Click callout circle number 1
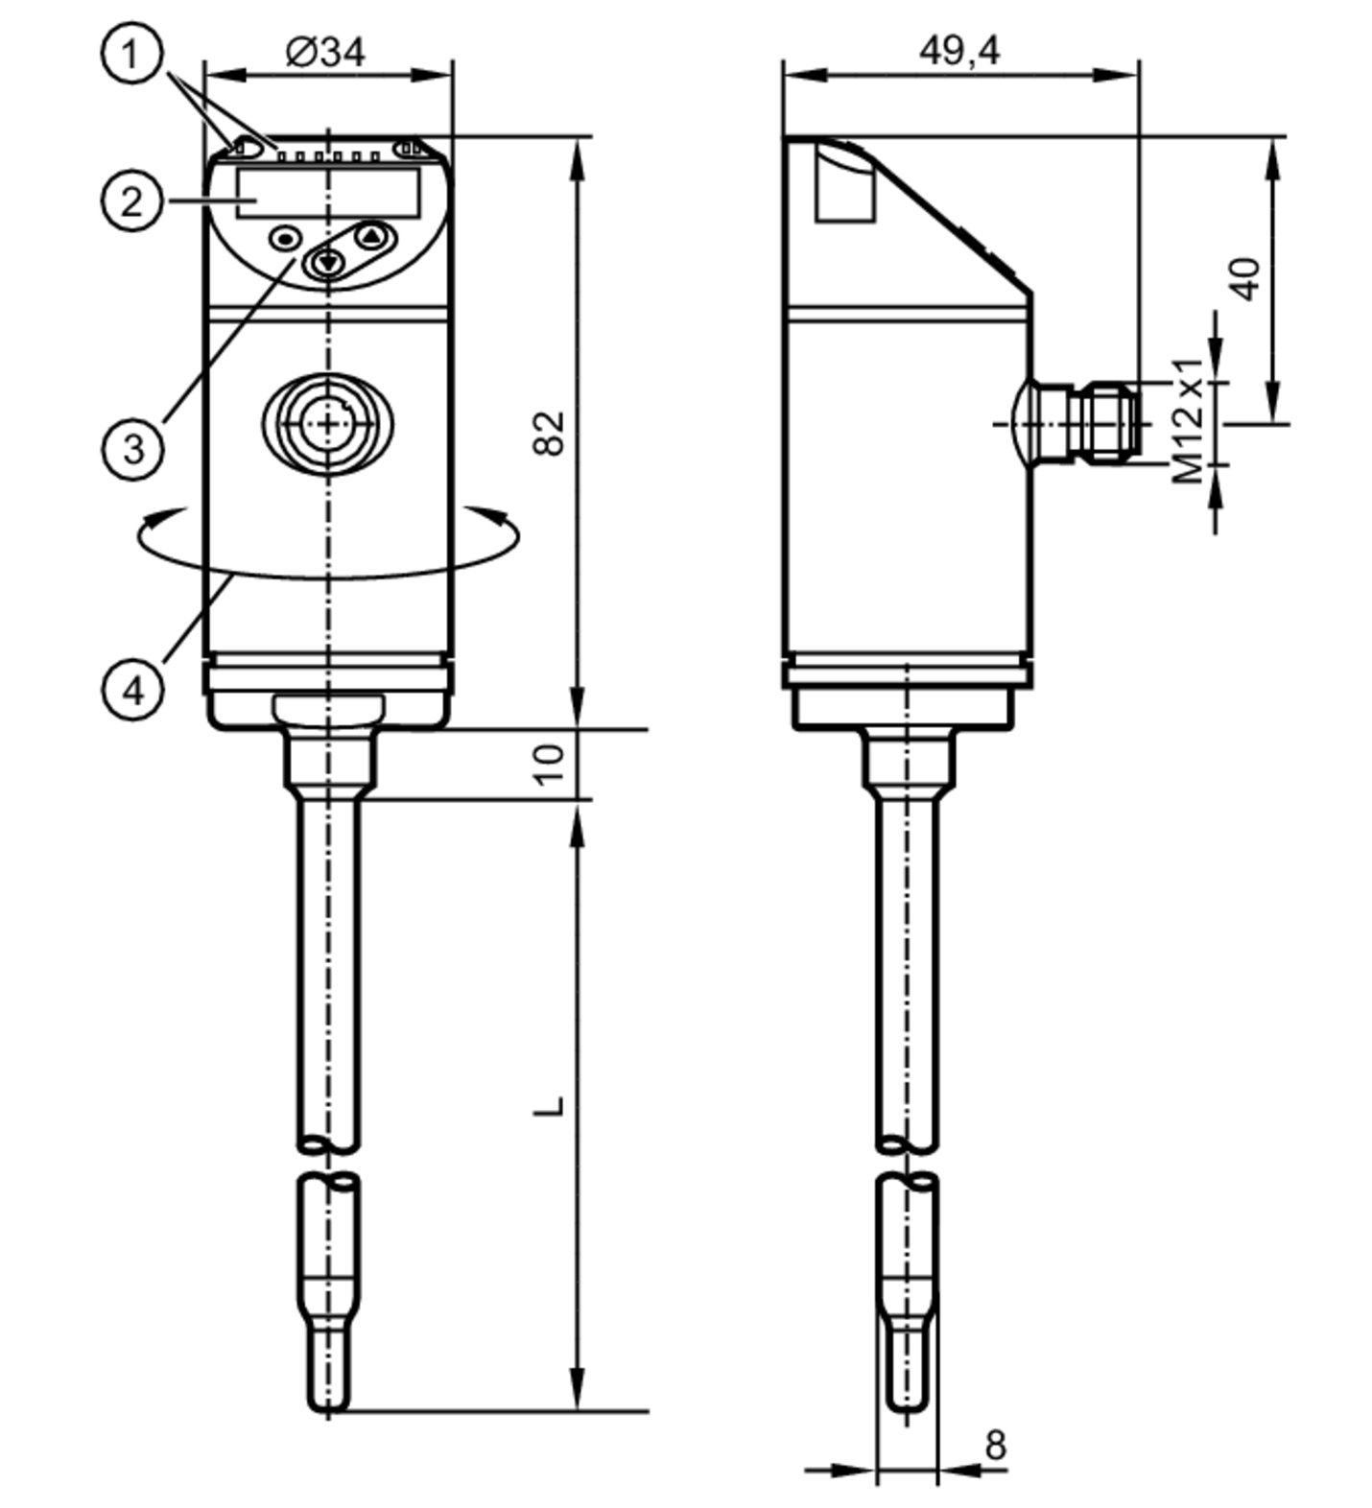tap(131, 54)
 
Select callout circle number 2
tap(131, 200)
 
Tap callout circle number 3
tap(132, 447)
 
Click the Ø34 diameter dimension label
tap(325, 51)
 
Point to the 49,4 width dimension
tap(960, 49)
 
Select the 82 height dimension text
tap(549, 433)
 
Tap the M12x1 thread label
tap(1188, 420)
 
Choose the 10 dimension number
tap(549, 764)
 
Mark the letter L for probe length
tap(549, 1105)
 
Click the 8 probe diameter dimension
tap(996, 1444)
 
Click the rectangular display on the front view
tap(328, 192)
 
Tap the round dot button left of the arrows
tap(286, 238)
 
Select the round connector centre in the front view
tap(328, 422)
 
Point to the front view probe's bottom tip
tap(328, 1410)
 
